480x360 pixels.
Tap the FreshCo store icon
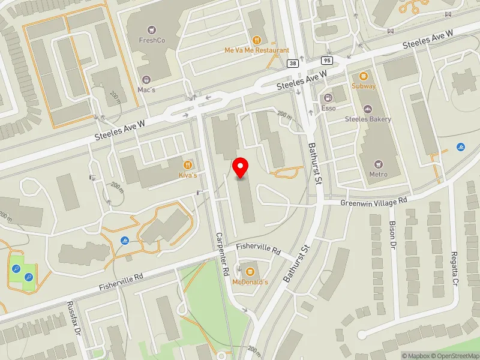(x=151, y=29)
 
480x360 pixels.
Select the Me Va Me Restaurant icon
(x=257, y=40)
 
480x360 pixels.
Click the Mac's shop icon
(x=146, y=79)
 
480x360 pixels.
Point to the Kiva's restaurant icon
(x=188, y=164)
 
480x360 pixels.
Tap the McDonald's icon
(x=250, y=272)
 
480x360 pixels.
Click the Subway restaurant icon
(x=364, y=76)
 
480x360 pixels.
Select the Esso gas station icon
(x=328, y=98)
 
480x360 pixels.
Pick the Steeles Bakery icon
(x=368, y=109)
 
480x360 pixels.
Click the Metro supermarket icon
(x=378, y=164)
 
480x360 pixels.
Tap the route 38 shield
(x=293, y=63)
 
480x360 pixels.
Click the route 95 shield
(x=326, y=61)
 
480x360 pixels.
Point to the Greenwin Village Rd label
(x=374, y=201)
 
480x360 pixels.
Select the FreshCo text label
(x=152, y=40)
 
